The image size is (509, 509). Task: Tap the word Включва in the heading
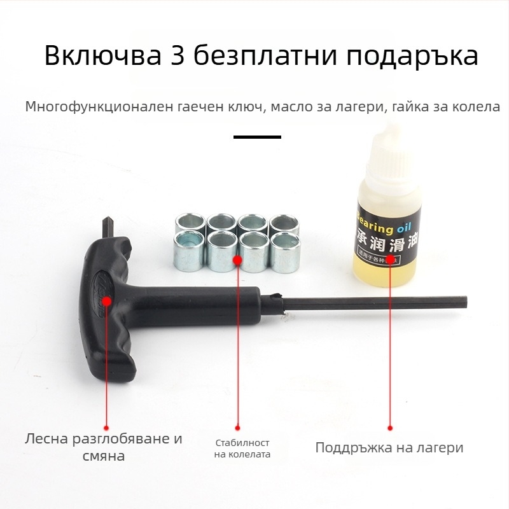coord(102,56)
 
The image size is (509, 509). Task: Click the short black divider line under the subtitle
coord(257,137)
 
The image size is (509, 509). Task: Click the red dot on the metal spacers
coord(237,260)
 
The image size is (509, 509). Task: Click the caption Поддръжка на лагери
coord(389,447)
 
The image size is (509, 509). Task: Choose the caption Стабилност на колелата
coord(242,449)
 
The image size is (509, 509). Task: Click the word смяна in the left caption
coord(104,456)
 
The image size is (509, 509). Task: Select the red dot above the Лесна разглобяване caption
coord(106,428)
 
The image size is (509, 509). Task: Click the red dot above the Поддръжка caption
coord(389,428)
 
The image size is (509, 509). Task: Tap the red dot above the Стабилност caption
coord(237,428)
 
